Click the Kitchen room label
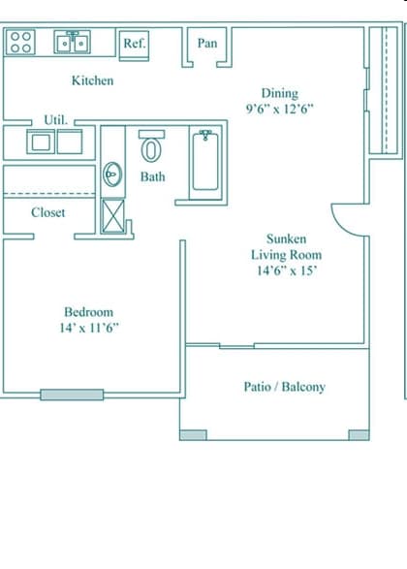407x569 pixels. point(92,80)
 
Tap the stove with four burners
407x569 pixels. point(22,42)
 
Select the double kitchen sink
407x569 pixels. point(73,43)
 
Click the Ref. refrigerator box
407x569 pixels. point(134,43)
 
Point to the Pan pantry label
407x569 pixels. point(207,43)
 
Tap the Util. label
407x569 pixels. point(55,119)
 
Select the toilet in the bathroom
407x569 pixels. point(152,148)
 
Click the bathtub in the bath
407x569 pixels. point(205,162)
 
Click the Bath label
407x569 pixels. point(152,176)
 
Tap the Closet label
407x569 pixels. point(48,212)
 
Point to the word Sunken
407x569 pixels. point(287,238)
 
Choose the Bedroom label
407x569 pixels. point(88,311)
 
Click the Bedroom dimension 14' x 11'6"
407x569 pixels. point(88,328)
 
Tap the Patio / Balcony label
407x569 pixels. point(284,387)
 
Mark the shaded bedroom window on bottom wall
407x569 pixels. point(72,395)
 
